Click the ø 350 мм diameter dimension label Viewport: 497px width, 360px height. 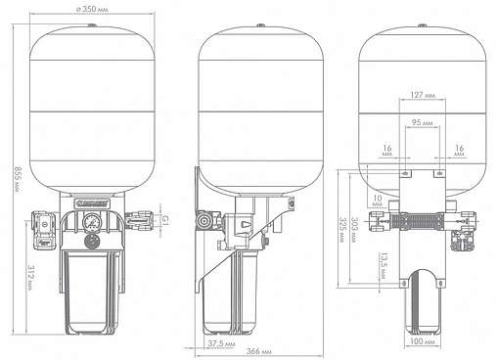coord(92,9)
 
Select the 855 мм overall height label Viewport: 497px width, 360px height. coord(17,179)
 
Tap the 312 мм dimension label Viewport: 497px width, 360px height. coord(29,277)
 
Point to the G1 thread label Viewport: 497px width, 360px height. coord(165,220)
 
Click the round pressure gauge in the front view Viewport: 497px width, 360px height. coord(91,222)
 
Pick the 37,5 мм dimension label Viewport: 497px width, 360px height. coord(221,343)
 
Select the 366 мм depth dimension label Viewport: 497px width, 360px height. coord(259,351)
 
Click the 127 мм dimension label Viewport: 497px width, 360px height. coord(423,95)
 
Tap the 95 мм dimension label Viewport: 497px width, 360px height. coord(423,122)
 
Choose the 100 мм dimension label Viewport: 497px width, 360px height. coord(423,341)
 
